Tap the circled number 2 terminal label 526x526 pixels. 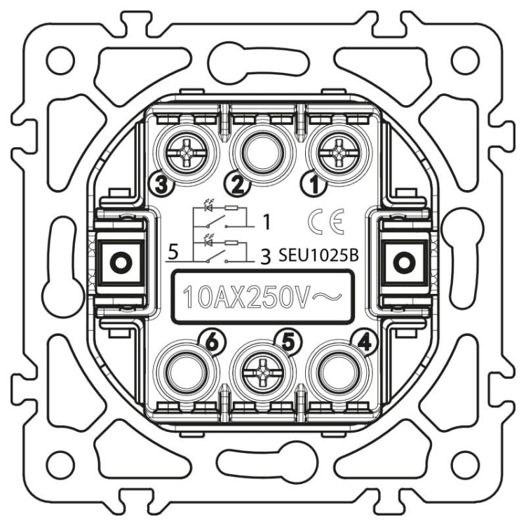coord(238,185)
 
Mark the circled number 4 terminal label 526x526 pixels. coord(365,342)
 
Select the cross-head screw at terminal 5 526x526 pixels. coord(262,373)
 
